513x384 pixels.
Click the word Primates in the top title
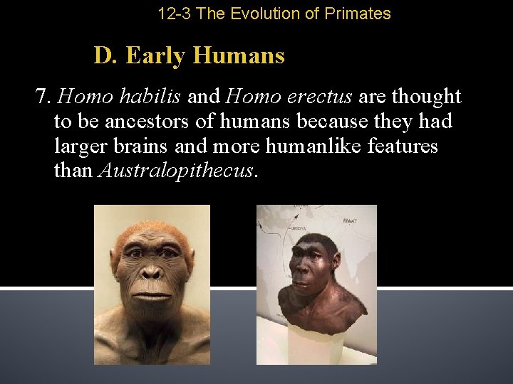360,14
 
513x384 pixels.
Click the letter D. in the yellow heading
105,55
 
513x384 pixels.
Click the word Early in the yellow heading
157,55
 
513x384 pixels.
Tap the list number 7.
43,97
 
